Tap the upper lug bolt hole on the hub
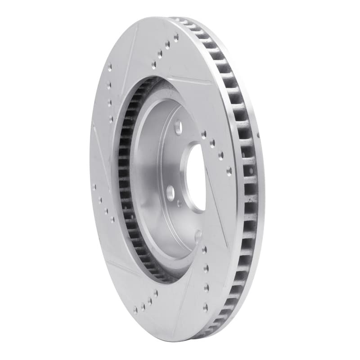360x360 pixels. (178, 126)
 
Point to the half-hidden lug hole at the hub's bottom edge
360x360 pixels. (198, 234)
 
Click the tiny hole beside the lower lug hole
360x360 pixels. (180, 203)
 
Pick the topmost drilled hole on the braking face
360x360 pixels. (176, 36)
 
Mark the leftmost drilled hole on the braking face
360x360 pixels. (94, 186)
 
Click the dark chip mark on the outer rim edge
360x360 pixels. (259, 135)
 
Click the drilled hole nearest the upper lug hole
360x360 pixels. (204, 134)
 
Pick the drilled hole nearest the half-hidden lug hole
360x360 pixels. (204, 249)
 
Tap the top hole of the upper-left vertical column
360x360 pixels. (109, 67)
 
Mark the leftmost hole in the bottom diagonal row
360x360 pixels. (135, 310)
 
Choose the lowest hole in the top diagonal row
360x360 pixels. (153, 65)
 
